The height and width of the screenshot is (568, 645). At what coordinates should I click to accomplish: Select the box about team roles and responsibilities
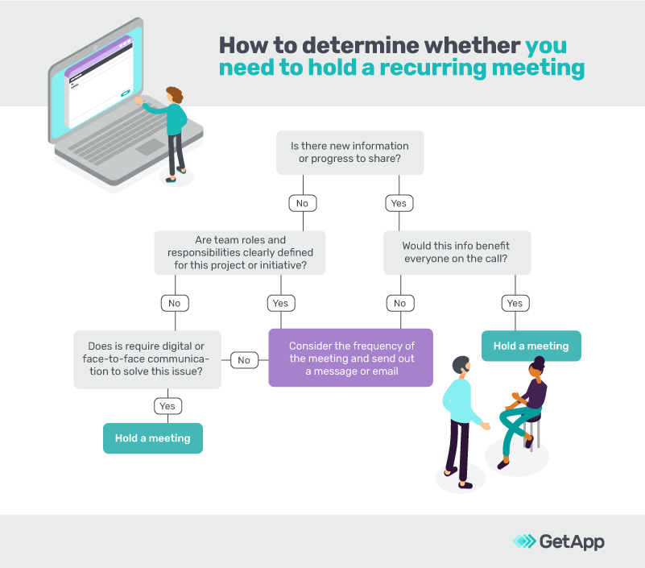[240, 252]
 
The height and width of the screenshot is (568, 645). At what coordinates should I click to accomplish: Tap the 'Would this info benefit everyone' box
[456, 252]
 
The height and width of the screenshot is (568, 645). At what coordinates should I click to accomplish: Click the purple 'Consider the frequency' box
[350, 358]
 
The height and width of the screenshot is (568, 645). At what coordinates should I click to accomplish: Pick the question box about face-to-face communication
[147, 359]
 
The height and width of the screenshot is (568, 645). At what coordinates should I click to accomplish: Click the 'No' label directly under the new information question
[302, 203]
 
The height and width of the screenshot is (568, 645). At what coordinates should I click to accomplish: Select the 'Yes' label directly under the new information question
[399, 203]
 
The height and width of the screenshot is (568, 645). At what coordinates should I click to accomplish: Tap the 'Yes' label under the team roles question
[279, 303]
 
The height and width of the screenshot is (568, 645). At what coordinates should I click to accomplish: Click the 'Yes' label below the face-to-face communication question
[167, 406]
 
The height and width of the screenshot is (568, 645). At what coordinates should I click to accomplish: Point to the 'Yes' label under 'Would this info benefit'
[515, 303]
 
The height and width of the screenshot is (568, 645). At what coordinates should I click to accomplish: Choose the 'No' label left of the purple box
[243, 360]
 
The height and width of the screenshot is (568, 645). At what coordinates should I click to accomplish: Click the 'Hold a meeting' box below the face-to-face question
[152, 438]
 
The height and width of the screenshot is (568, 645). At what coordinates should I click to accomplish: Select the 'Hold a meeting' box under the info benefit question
[531, 346]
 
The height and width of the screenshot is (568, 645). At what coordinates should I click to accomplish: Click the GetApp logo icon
[523, 541]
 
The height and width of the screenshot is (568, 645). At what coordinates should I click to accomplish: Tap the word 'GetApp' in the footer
[572, 541]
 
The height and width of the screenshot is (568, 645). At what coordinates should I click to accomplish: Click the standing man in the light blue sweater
[461, 419]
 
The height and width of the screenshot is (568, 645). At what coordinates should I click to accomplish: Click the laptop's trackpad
[151, 147]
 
